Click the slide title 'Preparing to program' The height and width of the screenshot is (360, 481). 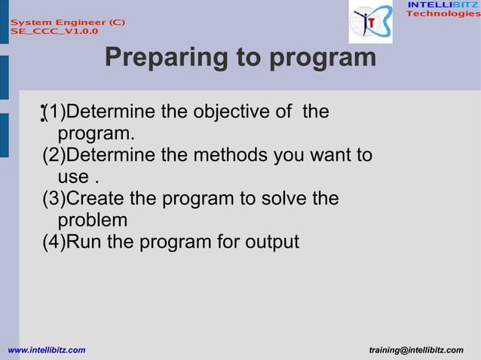click(240, 57)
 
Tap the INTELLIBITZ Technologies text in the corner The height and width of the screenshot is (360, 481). click(443, 10)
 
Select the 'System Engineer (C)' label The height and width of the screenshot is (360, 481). click(67, 23)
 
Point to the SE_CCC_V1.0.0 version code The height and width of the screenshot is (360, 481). click(54, 32)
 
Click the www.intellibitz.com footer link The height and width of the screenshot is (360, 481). click(46, 350)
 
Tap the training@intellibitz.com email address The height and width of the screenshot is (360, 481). click(416, 350)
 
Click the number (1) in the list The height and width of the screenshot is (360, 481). click(54, 113)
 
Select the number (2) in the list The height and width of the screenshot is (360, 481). click(54, 156)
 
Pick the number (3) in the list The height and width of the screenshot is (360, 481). click(54, 199)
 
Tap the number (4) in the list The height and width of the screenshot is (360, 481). click(54, 243)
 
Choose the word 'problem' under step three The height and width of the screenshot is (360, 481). click(92, 221)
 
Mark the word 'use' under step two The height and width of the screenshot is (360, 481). click(72, 178)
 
